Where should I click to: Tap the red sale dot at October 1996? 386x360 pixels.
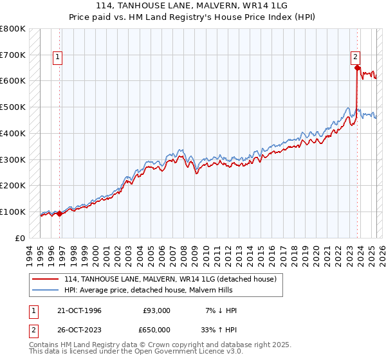[x=60, y=213]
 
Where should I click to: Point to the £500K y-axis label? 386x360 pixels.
[x=13, y=107]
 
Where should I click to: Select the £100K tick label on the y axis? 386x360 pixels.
[x=13, y=212]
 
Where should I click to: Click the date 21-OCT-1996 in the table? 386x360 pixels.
[x=79, y=310]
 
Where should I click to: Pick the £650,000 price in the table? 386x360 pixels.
[x=157, y=329]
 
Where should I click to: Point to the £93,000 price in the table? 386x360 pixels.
[x=157, y=310]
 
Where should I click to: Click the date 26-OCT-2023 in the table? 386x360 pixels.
[x=79, y=329]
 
